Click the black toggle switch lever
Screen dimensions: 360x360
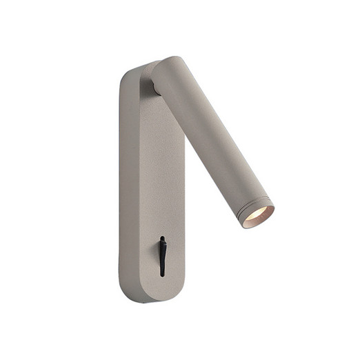point(162,254)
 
